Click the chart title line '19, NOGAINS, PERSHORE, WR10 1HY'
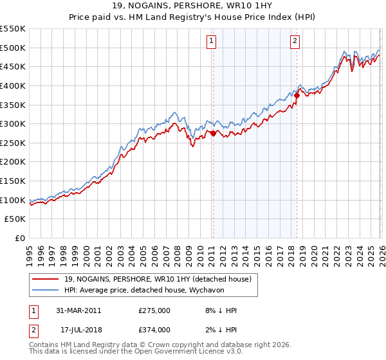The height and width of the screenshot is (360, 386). (x=192, y=6)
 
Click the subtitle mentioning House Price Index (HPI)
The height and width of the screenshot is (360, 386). (x=192, y=17)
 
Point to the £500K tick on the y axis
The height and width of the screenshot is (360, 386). (x=13, y=48)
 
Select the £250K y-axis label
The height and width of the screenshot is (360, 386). (x=13, y=143)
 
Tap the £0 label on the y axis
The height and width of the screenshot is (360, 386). (x=19, y=239)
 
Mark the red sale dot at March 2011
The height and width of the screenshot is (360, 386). (x=213, y=134)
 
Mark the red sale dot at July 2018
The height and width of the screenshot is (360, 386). (x=297, y=96)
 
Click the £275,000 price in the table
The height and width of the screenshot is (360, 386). (x=154, y=310)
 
